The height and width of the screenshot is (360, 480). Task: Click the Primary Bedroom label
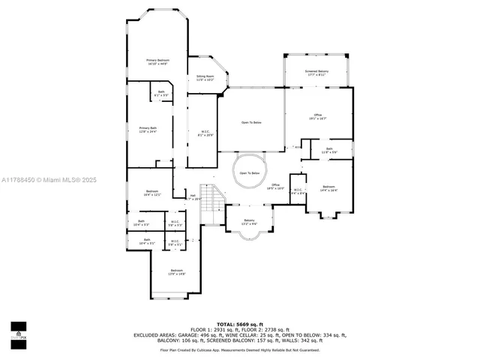(157, 61)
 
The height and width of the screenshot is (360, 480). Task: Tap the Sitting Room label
(205, 78)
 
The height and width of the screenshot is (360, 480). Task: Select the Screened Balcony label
(316, 73)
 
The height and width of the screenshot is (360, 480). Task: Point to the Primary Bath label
(148, 130)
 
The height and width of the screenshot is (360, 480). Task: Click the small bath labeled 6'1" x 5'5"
(160, 94)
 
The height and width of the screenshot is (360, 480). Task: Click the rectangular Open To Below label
(251, 122)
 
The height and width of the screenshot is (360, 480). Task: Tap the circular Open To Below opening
(249, 173)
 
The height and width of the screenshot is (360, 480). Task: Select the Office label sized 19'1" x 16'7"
(317, 116)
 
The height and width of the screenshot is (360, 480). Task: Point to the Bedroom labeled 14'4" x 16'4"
(328, 188)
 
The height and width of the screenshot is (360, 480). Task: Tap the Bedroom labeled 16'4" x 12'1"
(152, 193)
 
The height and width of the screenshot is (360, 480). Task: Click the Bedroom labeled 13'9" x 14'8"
(176, 272)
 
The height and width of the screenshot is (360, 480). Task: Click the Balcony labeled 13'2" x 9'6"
(249, 223)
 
